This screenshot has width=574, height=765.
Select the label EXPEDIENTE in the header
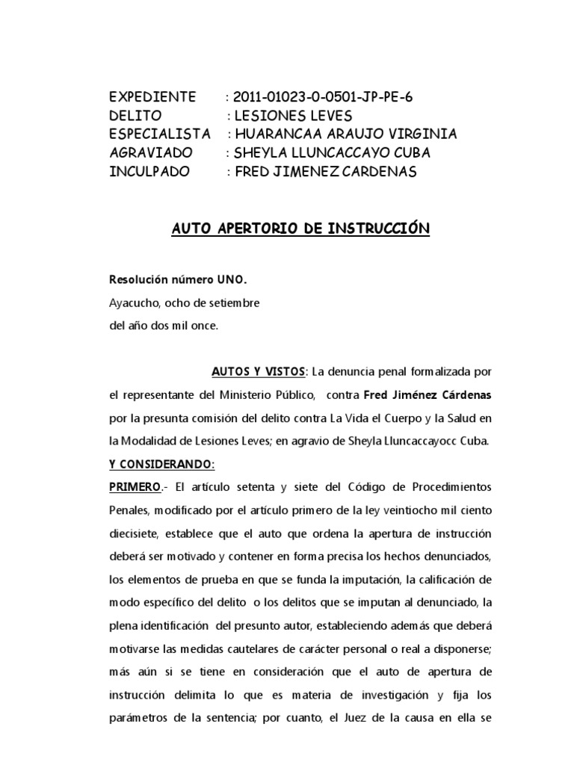[152, 98]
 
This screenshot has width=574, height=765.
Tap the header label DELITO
[135, 116]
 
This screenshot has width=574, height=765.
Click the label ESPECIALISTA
[160, 134]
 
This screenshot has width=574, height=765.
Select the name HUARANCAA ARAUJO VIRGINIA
[345, 134]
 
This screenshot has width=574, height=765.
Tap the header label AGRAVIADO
[151, 153]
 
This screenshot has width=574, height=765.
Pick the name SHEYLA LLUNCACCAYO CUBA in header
[333, 153]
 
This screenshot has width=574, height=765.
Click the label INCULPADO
[149, 172]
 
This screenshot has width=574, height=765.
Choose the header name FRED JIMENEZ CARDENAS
[322, 172]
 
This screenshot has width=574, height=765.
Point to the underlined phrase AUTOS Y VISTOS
[259, 371]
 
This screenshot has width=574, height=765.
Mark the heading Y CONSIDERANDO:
[161, 464]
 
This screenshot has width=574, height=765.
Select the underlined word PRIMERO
[135, 487]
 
